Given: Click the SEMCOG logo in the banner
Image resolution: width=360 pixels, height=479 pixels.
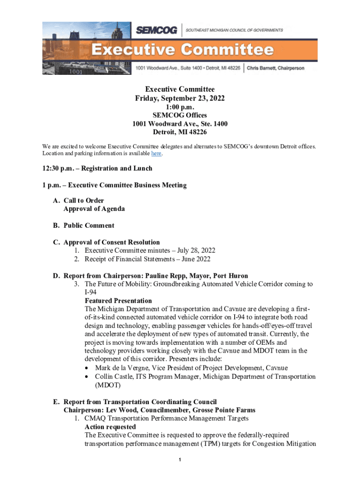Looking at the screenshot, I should (157, 30).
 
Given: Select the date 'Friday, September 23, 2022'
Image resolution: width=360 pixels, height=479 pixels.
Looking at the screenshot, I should (180, 98).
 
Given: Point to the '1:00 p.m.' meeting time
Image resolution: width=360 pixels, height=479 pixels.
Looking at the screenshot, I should (180, 107).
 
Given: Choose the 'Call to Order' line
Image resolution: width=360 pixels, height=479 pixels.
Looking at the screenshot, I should (84, 201).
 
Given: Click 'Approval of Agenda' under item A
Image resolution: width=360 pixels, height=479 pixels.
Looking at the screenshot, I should (94, 209).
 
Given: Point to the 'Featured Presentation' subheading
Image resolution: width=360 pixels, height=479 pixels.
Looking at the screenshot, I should (118, 301).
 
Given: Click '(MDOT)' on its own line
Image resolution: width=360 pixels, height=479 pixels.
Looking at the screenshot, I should (108, 385).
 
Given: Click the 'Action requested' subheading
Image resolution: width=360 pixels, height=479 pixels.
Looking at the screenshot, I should (110, 427).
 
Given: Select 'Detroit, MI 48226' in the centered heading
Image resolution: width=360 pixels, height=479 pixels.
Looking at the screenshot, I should (180, 132).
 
